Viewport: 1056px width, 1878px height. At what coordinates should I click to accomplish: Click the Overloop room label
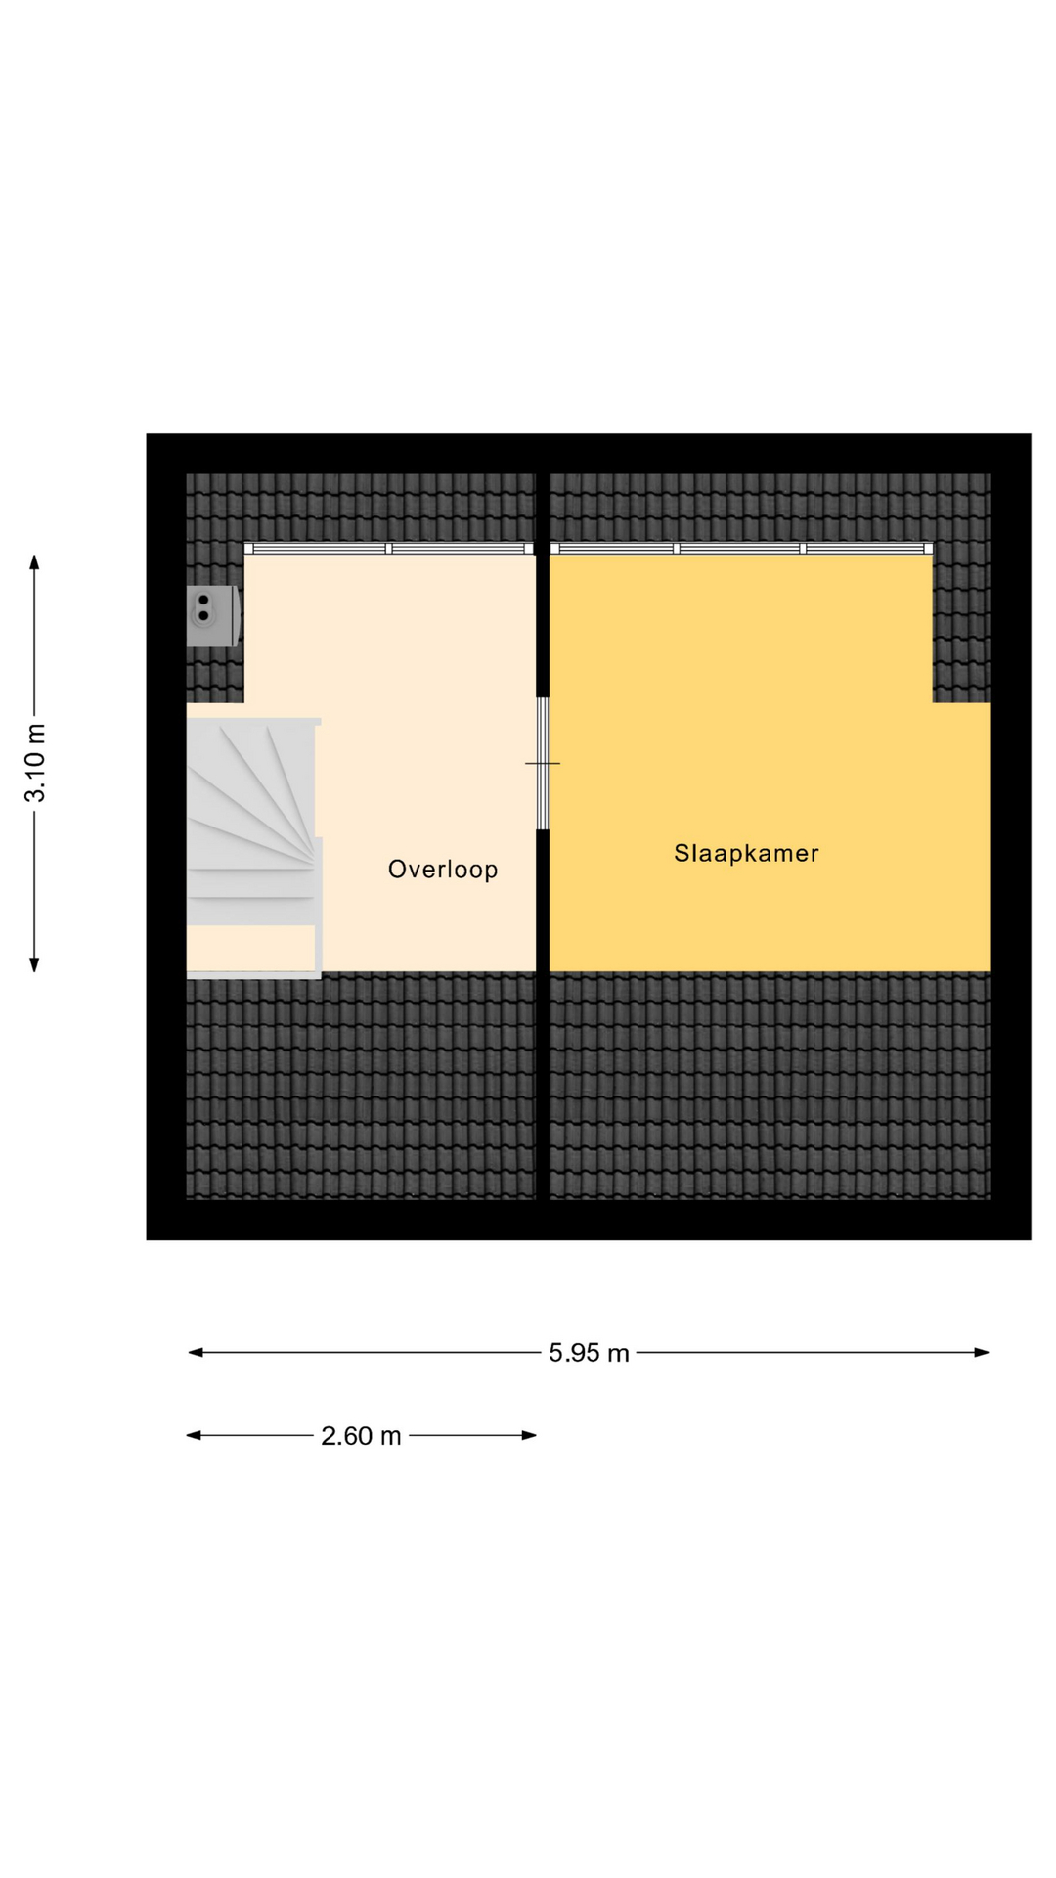pyautogui.click(x=443, y=870)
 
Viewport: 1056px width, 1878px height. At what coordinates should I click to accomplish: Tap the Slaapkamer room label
pyautogui.click(x=746, y=853)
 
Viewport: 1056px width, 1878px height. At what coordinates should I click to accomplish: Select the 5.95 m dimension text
pyautogui.click(x=589, y=1353)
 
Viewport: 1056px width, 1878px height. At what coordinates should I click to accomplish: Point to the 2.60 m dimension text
pyautogui.click(x=361, y=1436)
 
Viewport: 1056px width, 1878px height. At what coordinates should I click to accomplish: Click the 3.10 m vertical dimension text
pyautogui.click(x=35, y=763)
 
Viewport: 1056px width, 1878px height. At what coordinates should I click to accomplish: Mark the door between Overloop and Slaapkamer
pyautogui.click(x=543, y=763)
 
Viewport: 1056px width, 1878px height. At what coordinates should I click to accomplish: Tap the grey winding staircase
pyautogui.click(x=252, y=822)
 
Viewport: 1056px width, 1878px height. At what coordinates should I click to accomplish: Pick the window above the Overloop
pyautogui.click(x=389, y=549)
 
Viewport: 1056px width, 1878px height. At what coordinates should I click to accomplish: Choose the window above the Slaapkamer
pyautogui.click(x=741, y=549)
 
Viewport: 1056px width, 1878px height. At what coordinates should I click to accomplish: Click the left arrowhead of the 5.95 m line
pyautogui.click(x=196, y=1353)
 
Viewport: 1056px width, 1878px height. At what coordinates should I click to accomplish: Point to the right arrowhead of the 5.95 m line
pyautogui.click(x=982, y=1353)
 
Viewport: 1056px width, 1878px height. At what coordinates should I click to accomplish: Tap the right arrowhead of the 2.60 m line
pyautogui.click(x=529, y=1436)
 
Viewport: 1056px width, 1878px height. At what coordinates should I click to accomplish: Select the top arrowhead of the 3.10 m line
pyautogui.click(x=34, y=562)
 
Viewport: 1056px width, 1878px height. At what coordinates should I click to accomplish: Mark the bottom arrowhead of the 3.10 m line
pyautogui.click(x=34, y=964)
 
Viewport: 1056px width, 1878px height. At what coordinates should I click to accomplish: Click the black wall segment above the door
pyautogui.click(x=543, y=585)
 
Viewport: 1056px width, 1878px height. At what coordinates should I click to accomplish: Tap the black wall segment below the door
pyautogui.click(x=543, y=1014)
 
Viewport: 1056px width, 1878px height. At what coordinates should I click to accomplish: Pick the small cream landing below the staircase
pyautogui.click(x=251, y=948)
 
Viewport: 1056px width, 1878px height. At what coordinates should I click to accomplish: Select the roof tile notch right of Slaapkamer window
pyautogui.click(x=962, y=622)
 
